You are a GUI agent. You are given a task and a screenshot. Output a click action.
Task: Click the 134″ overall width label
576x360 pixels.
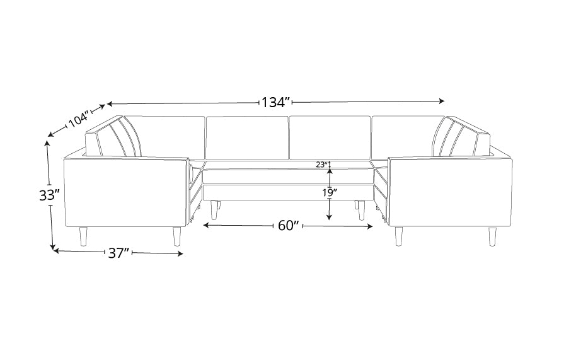[276, 102]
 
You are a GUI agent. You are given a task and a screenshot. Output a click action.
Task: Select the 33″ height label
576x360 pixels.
[49, 195]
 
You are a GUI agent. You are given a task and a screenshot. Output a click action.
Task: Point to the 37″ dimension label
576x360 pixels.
[118, 253]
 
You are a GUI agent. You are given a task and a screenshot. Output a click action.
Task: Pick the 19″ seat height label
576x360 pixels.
[330, 192]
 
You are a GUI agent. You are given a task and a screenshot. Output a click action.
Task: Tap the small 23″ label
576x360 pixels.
[321, 165]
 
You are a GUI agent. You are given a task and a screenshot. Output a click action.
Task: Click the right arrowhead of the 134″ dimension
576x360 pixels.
[442, 101]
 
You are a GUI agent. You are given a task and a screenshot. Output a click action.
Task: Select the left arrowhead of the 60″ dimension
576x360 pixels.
[206, 225]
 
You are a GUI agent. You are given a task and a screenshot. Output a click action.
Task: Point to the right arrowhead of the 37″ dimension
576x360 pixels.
[180, 253]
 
